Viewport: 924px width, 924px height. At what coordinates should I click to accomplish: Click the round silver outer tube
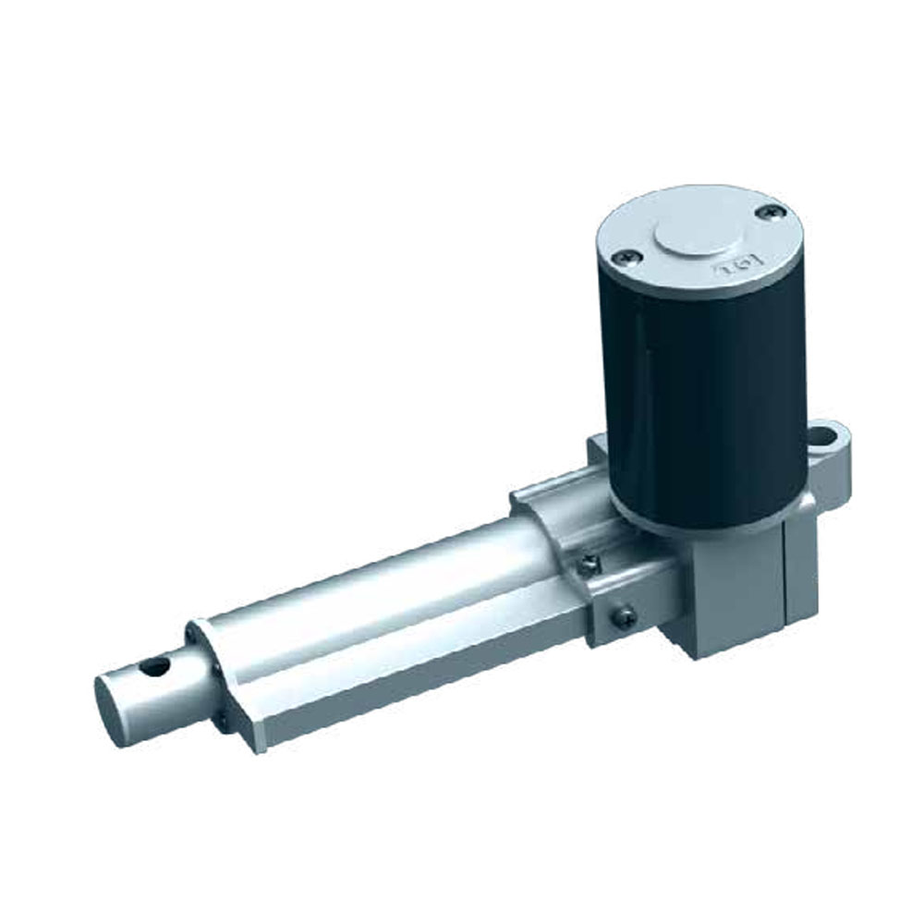(x=388, y=591)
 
